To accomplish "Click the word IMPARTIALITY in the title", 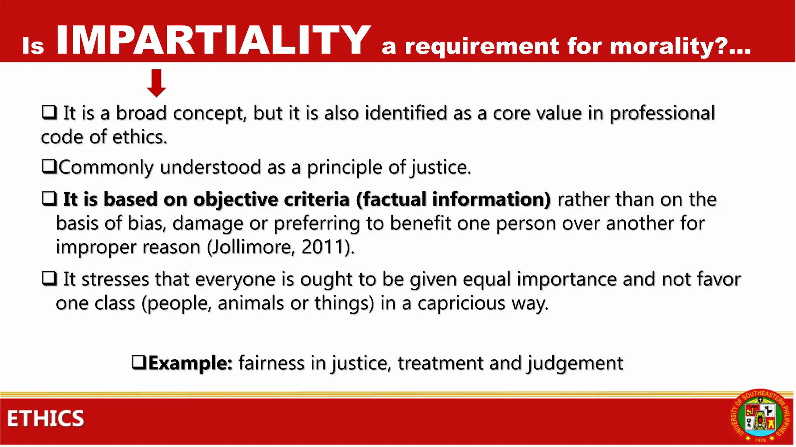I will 213,40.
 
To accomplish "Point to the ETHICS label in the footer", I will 45,419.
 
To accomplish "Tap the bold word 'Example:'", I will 190,363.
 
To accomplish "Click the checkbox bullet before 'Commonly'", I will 49,167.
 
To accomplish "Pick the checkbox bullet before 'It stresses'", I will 49,279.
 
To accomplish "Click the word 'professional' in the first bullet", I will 662,113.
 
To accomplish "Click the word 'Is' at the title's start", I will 33,46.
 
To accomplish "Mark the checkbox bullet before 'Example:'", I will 139,362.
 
